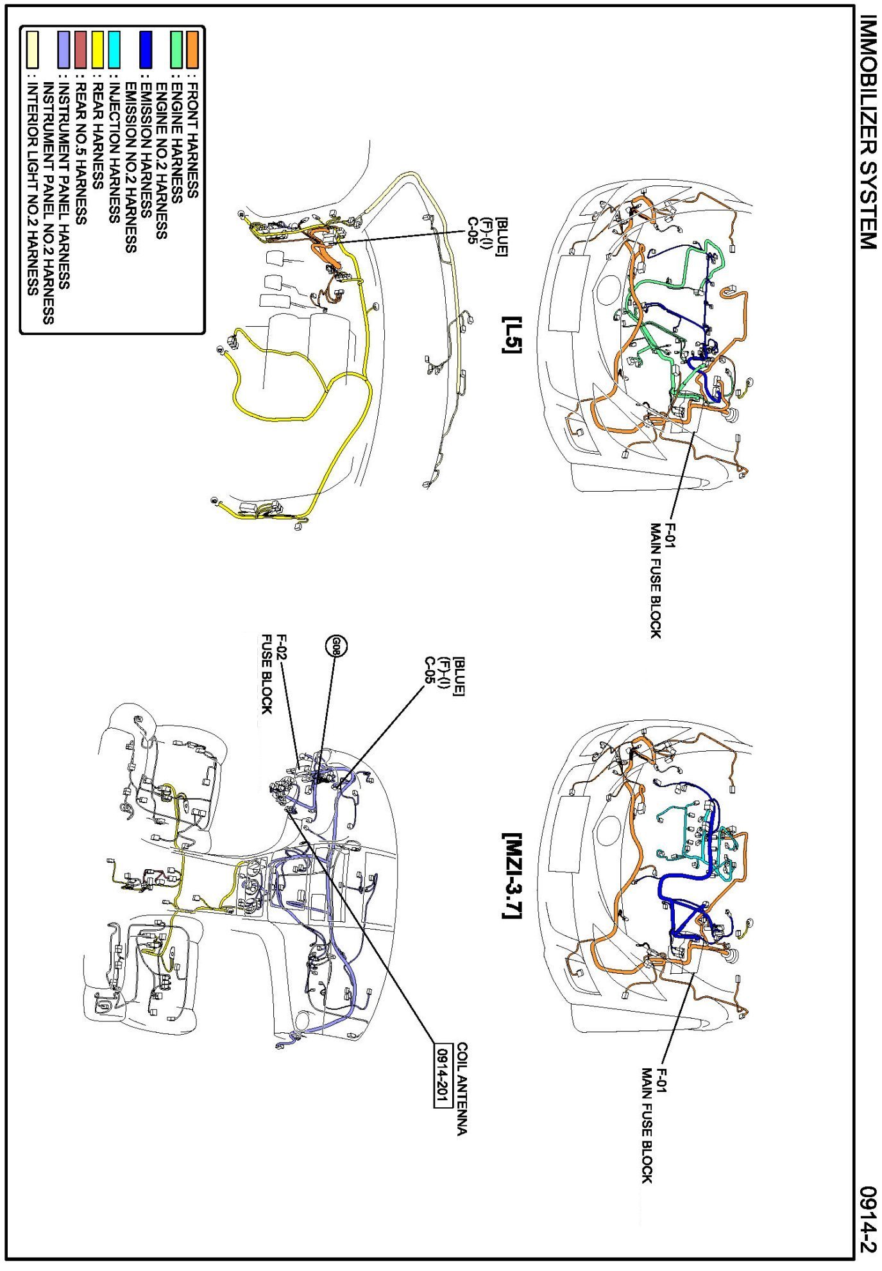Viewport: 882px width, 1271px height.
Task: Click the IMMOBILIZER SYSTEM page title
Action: pyautogui.click(x=867, y=132)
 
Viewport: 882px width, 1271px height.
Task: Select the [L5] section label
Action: pyautogui.click(x=512, y=334)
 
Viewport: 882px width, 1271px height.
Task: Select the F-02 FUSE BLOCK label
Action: pyautogui.click(x=274, y=674)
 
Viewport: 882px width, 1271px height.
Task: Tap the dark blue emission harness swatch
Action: pyautogui.click(x=146, y=50)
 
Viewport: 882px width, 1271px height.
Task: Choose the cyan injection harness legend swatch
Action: pyautogui.click(x=114, y=50)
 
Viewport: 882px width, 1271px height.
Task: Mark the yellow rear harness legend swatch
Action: pyautogui.click(x=98, y=50)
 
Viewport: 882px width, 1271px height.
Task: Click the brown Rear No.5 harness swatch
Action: pyautogui.click(x=81, y=50)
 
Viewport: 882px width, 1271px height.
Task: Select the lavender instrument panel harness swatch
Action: pyautogui.click(x=64, y=50)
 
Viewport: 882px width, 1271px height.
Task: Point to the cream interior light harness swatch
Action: pyautogui.click(x=31, y=50)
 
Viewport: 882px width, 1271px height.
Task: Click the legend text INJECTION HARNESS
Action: pyautogui.click(x=114, y=154)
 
